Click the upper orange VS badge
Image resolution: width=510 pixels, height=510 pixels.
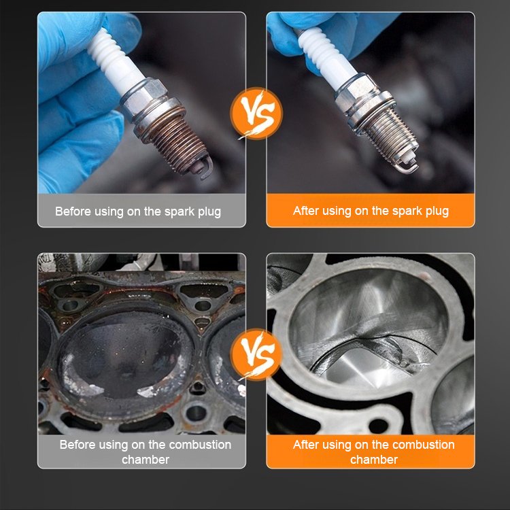tap(256, 114)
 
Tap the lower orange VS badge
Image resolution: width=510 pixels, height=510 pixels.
tap(256, 354)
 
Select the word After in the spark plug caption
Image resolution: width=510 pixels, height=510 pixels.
tap(304, 211)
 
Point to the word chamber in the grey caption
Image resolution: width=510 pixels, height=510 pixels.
tap(146, 460)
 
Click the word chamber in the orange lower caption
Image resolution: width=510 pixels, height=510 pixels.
tap(374, 460)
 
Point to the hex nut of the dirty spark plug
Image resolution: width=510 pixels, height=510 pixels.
tap(145, 96)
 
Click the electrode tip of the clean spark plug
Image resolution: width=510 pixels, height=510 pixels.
tap(408, 165)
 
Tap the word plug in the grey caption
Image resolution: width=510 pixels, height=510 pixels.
tap(209, 212)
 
